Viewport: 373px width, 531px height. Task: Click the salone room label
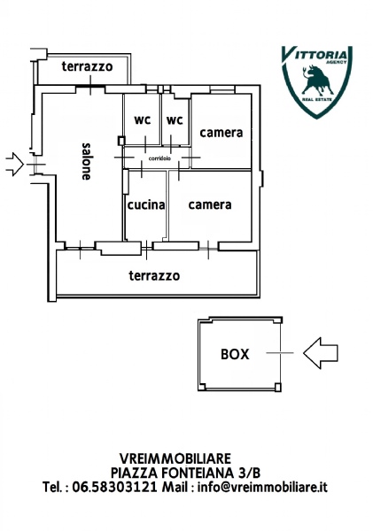(x=86, y=162)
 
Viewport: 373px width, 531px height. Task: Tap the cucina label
(x=146, y=205)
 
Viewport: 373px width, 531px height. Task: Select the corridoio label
(x=159, y=158)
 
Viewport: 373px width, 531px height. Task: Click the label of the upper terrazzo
(x=87, y=66)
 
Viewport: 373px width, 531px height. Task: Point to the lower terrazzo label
(x=154, y=275)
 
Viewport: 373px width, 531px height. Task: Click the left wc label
(x=143, y=119)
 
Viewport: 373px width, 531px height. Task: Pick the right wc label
(x=175, y=119)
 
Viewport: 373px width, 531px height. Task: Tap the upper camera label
(x=221, y=133)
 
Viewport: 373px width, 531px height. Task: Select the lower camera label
(x=210, y=204)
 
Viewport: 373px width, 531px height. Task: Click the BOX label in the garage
(x=235, y=354)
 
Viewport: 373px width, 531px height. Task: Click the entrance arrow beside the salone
(x=14, y=165)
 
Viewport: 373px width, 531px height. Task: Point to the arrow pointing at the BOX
(x=321, y=353)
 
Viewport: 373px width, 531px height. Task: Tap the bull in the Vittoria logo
(x=317, y=81)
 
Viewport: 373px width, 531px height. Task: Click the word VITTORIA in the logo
(x=315, y=54)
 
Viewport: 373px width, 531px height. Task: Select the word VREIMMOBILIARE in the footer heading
(x=175, y=458)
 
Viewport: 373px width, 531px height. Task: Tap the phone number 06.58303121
(x=114, y=487)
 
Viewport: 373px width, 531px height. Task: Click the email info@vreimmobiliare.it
(x=262, y=487)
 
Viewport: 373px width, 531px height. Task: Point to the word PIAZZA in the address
(x=134, y=473)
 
